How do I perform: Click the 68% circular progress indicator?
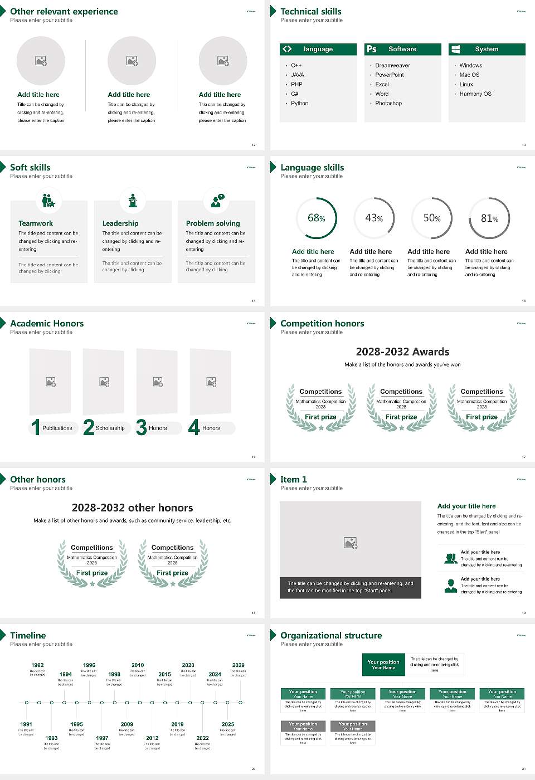317,218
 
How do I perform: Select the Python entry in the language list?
299,104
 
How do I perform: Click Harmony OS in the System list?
475,94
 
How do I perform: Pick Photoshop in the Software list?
388,104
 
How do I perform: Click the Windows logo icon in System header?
456,49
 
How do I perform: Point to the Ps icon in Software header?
372,49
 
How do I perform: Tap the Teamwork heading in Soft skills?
36,223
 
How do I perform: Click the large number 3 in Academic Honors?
142,427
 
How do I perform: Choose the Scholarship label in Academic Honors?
110,428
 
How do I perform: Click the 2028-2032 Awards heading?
402,352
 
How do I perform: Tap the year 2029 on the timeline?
239,665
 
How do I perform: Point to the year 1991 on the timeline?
26,724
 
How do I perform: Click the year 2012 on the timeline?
152,738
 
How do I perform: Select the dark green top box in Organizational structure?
383,665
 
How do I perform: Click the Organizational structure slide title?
331,635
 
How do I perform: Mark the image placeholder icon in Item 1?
351,543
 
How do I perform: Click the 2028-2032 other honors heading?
132,508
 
